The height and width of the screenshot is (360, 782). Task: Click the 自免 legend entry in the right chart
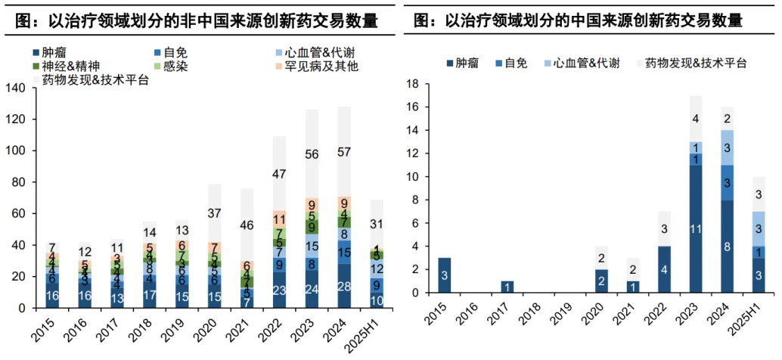click(x=514, y=63)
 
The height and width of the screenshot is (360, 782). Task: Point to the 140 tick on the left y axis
click(x=16, y=88)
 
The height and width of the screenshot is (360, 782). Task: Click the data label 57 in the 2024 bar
click(x=344, y=152)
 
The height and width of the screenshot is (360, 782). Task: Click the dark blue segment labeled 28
click(x=344, y=286)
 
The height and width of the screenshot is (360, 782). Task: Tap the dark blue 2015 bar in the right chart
click(x=445, y=275)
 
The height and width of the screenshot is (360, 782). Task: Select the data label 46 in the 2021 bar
click(x=246, y=225)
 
